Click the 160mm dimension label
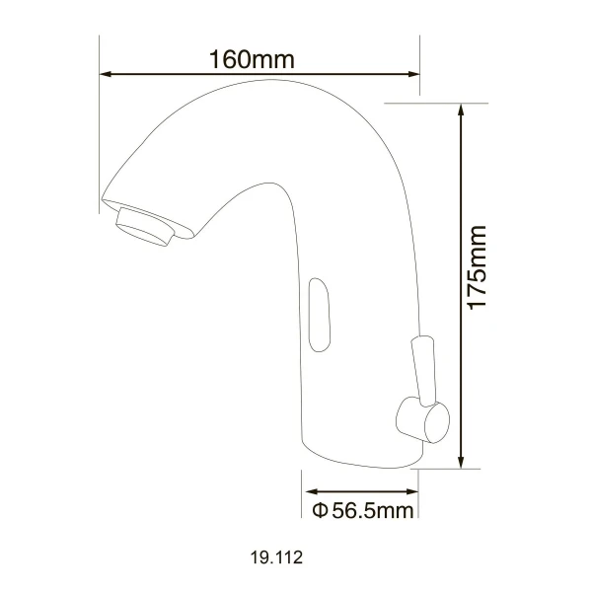(x=252, y=59)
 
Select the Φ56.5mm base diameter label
(x=363, y=511)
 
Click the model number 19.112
(x=276, y=557)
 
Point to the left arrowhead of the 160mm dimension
(x=106, y=74)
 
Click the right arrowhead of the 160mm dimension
(x=413, y=74)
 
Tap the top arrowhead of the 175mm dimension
(x=461, y=111)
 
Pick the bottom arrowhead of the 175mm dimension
(x=461, y=462)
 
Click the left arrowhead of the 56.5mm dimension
(x=311, y=491)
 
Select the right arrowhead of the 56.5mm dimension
(x=411, y=491)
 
